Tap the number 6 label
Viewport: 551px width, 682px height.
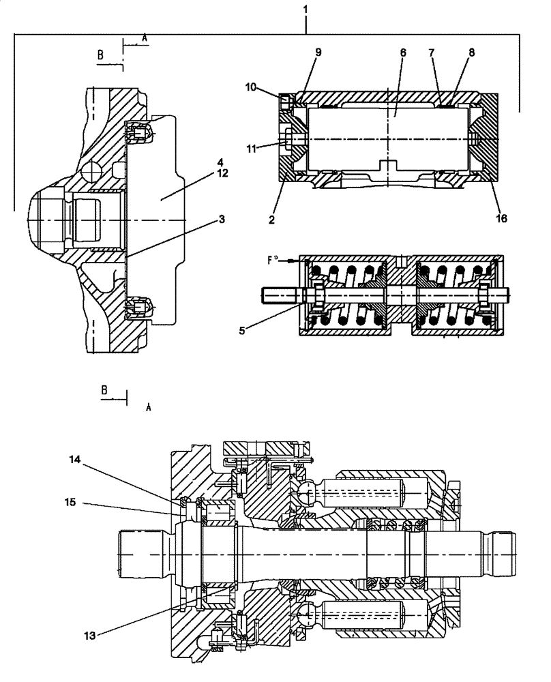click(403, 52)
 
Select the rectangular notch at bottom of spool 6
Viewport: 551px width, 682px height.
click(388, 166)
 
